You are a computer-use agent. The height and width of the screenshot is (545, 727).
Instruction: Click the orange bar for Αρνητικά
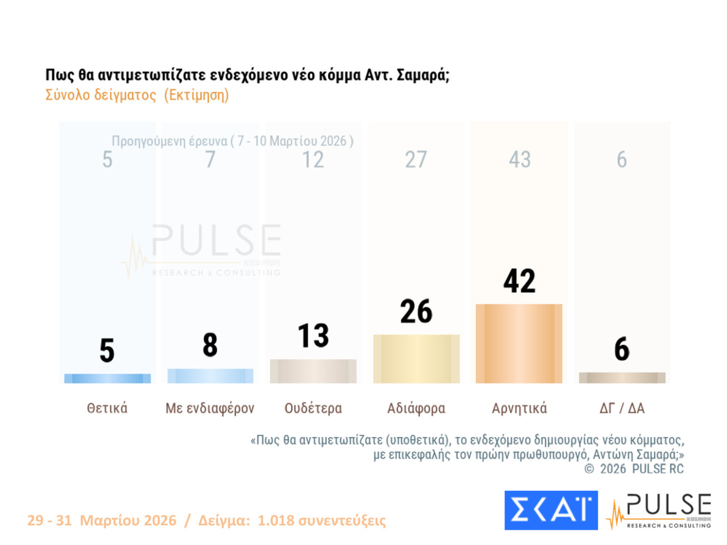(519, 343)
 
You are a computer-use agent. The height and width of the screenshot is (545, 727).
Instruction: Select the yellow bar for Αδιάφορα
(416, 359)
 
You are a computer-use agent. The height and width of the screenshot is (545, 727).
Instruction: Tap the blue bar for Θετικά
(107, 378)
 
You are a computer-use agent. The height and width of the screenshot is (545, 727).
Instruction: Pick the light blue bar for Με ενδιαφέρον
(210, 376)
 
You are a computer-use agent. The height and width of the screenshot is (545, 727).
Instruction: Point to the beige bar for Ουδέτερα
(313, 371)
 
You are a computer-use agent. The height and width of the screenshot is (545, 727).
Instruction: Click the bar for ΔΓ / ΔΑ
(622, 378)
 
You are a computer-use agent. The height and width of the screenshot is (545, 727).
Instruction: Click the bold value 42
(519, 281)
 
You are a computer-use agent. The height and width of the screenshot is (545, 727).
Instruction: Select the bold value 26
(416, 312)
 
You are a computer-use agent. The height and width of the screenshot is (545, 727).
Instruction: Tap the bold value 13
(313, 336)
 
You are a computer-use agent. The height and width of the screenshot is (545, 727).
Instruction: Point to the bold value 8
(210, 345)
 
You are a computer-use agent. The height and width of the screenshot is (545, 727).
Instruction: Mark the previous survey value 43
(520, 159)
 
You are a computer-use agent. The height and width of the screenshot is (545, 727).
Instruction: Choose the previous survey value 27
(416, 159)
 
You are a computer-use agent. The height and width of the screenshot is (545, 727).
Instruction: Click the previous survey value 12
(313, 159)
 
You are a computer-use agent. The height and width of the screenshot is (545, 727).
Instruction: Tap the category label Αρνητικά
(519, 408)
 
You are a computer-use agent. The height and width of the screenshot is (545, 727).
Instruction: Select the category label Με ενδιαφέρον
(210, 408)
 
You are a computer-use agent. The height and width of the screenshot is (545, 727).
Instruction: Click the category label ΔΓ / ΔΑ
(622, 408)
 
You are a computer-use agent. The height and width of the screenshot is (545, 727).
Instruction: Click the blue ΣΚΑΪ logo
(551, 510)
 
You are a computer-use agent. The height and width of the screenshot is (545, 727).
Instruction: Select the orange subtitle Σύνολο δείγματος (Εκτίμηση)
(137, 95)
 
